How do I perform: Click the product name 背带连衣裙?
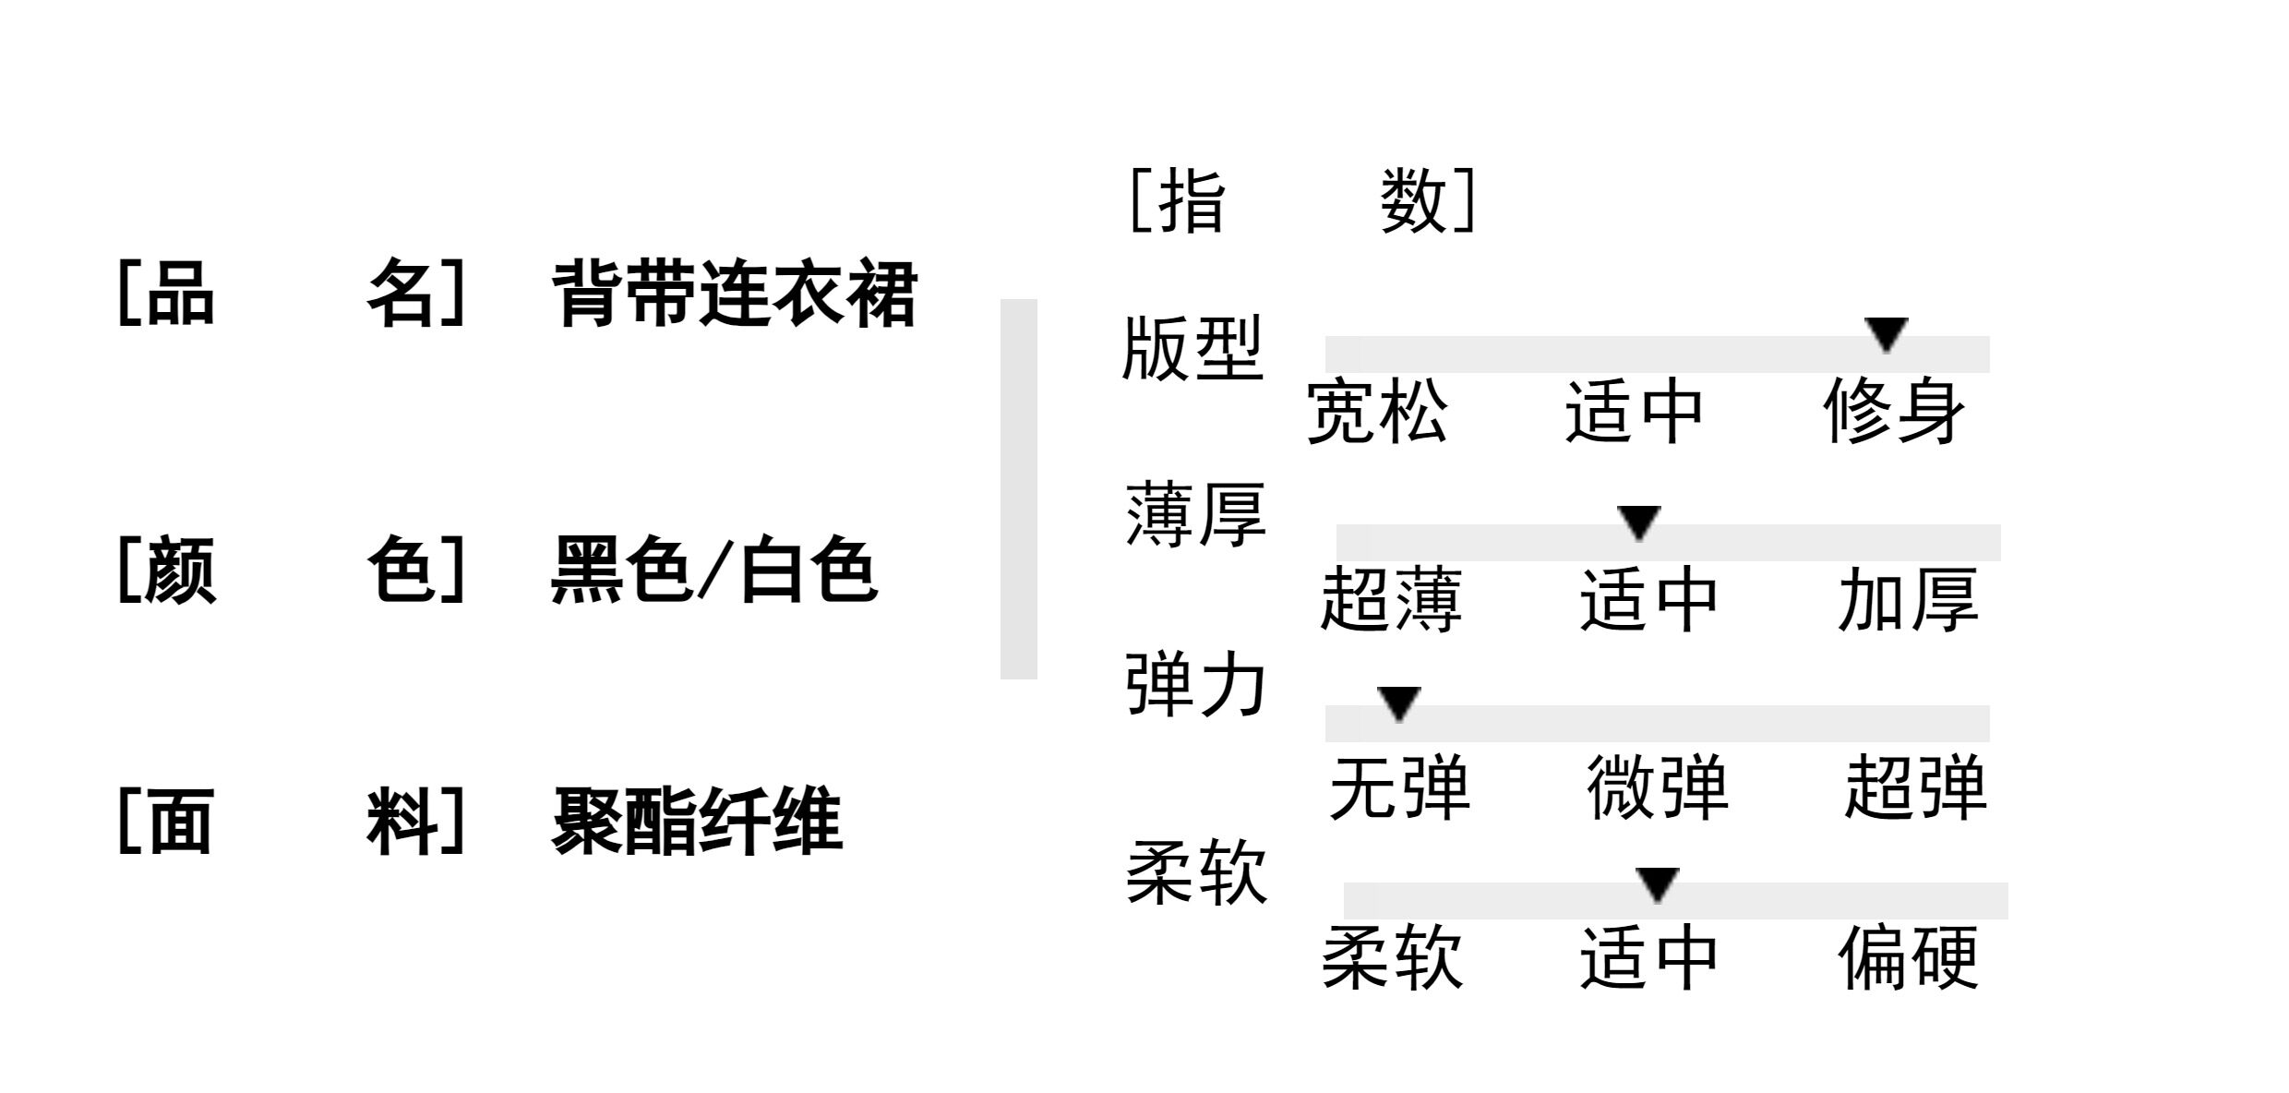pyautogui.click(x=734, y=294)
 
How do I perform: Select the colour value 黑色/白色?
pyautogui.click(x=713, y=570)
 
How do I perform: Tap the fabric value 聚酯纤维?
pyautogui.click(x=697, y=821)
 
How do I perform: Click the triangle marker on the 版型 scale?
pyautogui.click(x=1886, y=333)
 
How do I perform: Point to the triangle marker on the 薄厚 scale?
pyautogui.click(x=1639, y=522)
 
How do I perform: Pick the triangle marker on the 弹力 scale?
pyautogui.click(x=1398, y=703)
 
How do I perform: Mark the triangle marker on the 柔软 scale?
pyautogui.click(x=1657, y=883)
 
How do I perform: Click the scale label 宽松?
pyautogui.click(x=1376, y=412)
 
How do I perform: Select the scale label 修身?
pyautogui.click(x=1893, y=412)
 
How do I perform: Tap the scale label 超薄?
pyautogui.click(x=1391, y=600)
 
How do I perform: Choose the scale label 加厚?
pyautogui.click(x=1908, y=600)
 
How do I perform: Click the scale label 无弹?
pyautogui.click(x=1398, y=787)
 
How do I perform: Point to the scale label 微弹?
pyautogui.click(x=1657, y=787)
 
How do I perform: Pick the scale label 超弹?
pyautogui.click(x=1915, y=787)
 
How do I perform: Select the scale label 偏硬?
pyautogui.click(x=1908, y=958)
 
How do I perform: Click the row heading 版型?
pyautogui.click(x=1192, y=349)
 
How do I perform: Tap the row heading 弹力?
pyautogui.click(x=1195, y=685)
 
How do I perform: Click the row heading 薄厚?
pyautogui.click(x=1195, y=515)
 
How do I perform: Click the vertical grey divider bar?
pyautogui.click(x=1018, y=489)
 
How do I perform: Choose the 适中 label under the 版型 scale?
pyautogui.click(x=1634, y=412)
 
